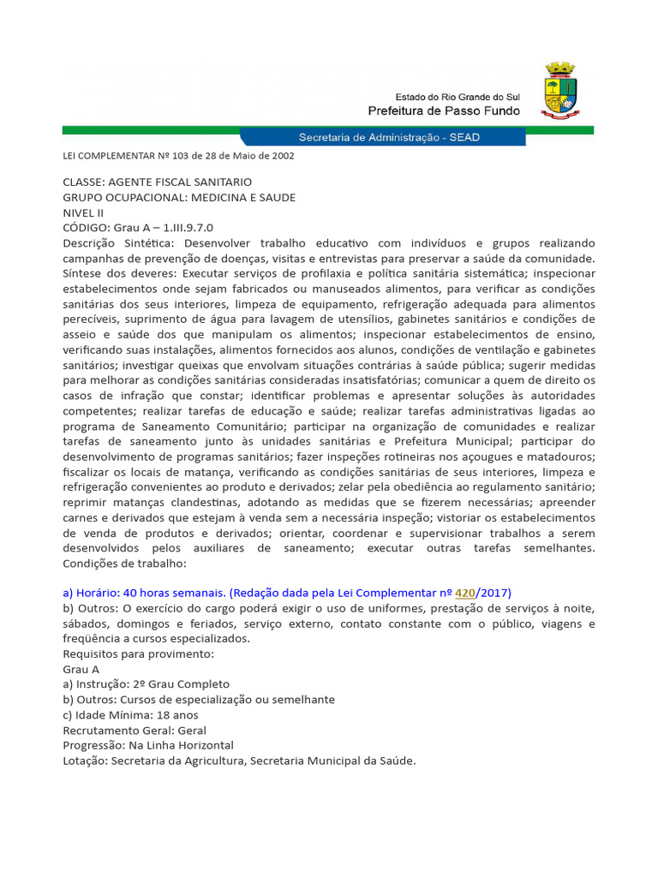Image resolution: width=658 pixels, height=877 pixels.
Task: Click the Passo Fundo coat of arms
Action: [560, 90]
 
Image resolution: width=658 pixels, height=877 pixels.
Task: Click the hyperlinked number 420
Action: [465, 593]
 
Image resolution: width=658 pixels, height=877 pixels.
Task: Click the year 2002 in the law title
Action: [283, 156]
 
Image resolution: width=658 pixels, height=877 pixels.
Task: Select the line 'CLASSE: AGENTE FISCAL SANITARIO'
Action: [157, 182]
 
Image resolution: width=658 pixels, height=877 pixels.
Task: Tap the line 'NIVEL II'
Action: [84, 212]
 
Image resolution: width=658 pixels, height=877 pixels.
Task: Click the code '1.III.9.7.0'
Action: [184, 228]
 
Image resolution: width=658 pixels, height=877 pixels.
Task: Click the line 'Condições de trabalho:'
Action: [124, 563]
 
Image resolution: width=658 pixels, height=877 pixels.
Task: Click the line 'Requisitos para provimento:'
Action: [138, 653]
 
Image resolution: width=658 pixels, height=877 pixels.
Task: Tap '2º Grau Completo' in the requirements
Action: [182, 684]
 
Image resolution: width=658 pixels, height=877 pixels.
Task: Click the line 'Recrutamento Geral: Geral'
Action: [135, 730]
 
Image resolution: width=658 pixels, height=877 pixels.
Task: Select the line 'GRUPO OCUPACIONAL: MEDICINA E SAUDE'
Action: [179, 198]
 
